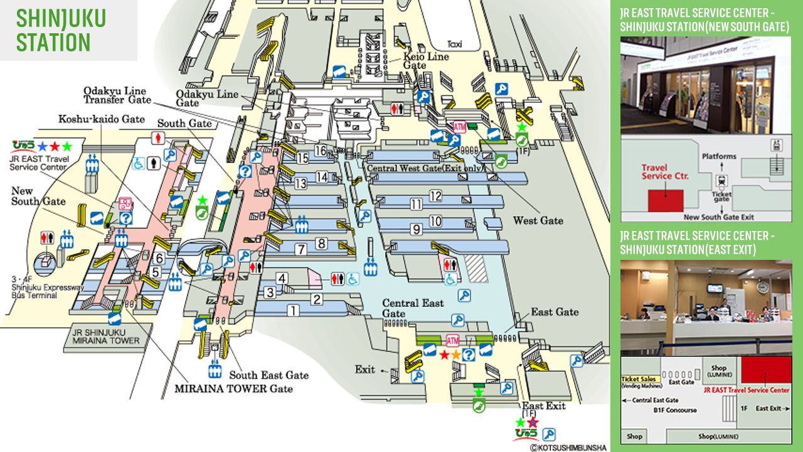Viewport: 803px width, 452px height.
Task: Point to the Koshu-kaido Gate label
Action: click(102, 119)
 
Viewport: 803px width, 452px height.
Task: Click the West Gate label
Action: click(538, 220)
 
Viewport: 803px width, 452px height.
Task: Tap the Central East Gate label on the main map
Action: click(413, 308)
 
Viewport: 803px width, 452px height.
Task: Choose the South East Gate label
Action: click(269, 375)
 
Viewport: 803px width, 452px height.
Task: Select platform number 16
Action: click(321, 151)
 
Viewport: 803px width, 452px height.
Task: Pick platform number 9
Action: click(416, 230)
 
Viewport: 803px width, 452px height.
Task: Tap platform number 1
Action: click(292, 309)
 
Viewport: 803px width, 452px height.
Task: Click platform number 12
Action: click(435, 196)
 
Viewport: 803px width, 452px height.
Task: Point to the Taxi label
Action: click(455, 44)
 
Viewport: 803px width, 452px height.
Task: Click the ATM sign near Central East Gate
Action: click(452, 340)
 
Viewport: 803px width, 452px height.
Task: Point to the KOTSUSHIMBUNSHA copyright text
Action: click(568, 448)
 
